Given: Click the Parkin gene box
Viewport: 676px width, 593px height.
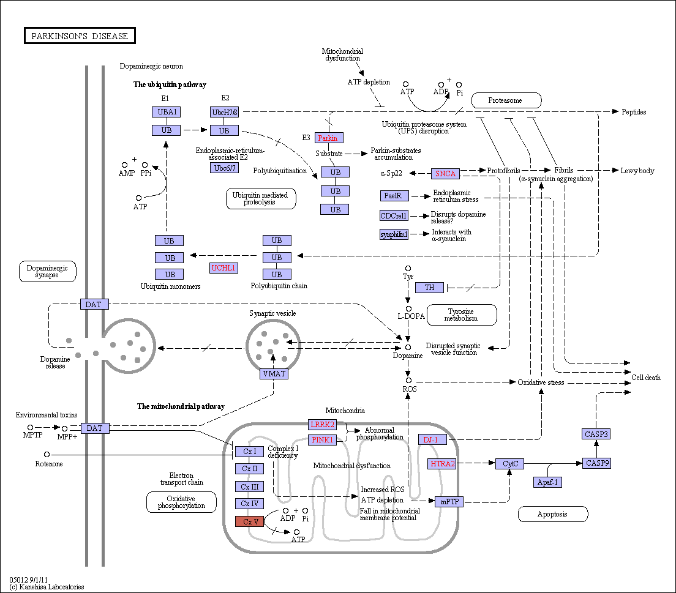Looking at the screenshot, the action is [329, 138].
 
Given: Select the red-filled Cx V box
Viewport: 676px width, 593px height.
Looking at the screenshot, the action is [250, 521].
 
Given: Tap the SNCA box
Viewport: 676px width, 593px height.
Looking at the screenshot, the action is [445, 174].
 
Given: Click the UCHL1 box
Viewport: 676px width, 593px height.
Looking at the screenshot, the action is [223, 268].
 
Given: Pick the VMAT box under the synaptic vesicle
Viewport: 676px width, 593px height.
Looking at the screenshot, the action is [274, 374].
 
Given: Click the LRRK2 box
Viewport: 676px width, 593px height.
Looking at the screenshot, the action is [323, 425].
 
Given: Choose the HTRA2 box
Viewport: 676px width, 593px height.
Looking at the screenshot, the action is [443, 464].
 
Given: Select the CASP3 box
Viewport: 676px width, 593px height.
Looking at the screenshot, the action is [596, 434].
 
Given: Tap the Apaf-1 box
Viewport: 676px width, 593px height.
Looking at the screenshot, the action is [547, 482].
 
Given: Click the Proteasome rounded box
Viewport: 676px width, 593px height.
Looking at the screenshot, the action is [506, 100].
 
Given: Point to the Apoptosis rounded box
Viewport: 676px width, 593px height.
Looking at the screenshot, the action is [553, 514].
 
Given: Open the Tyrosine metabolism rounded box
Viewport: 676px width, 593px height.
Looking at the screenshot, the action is [462, 315].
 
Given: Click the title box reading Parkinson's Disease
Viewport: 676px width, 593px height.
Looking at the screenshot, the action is [80, 35].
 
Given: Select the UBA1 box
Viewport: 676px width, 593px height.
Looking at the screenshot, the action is [167, 112].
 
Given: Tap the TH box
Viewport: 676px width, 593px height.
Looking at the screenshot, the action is [429, 288].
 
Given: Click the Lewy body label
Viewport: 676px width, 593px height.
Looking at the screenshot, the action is [637, 171].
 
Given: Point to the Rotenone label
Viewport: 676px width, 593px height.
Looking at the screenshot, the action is [49, 464].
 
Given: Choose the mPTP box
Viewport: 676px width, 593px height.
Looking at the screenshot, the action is [449, 502].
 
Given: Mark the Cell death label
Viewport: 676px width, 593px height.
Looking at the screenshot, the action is [646, 378].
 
